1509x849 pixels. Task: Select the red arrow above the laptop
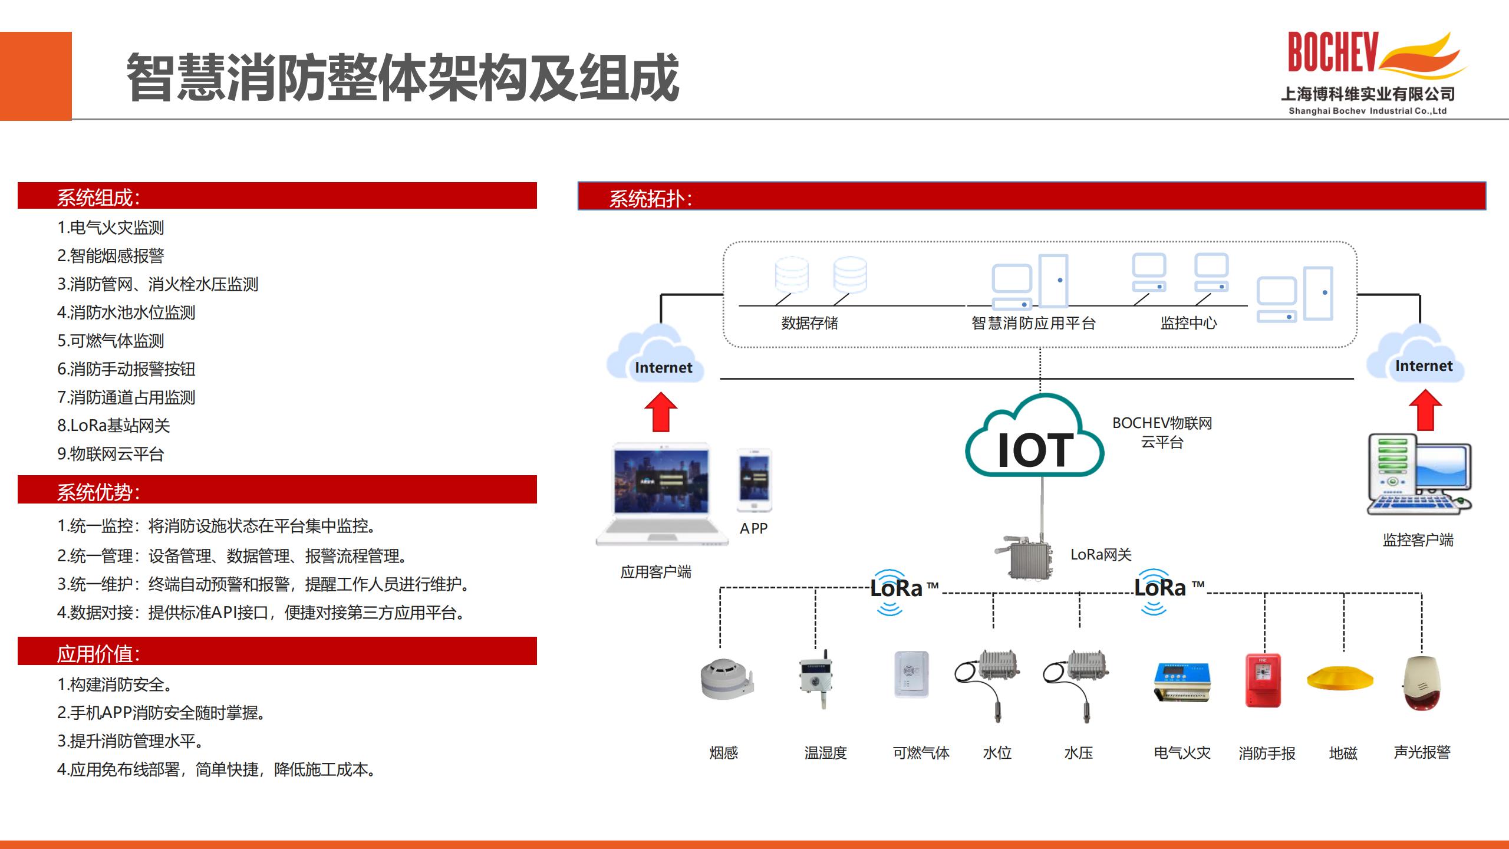(661, 412)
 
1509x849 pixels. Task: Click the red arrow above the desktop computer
(1425, 410)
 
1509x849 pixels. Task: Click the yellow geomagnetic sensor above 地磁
(1340, 677)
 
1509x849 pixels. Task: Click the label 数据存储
(809, 323)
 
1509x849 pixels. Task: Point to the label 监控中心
(1188, 323)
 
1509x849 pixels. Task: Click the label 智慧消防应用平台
(1033, 323)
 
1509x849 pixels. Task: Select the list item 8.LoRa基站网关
(114, 426)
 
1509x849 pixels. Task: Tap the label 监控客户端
(1418, 540)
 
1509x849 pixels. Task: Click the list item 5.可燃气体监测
(111, 341)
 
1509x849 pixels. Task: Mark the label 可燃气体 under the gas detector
(921, 753)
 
